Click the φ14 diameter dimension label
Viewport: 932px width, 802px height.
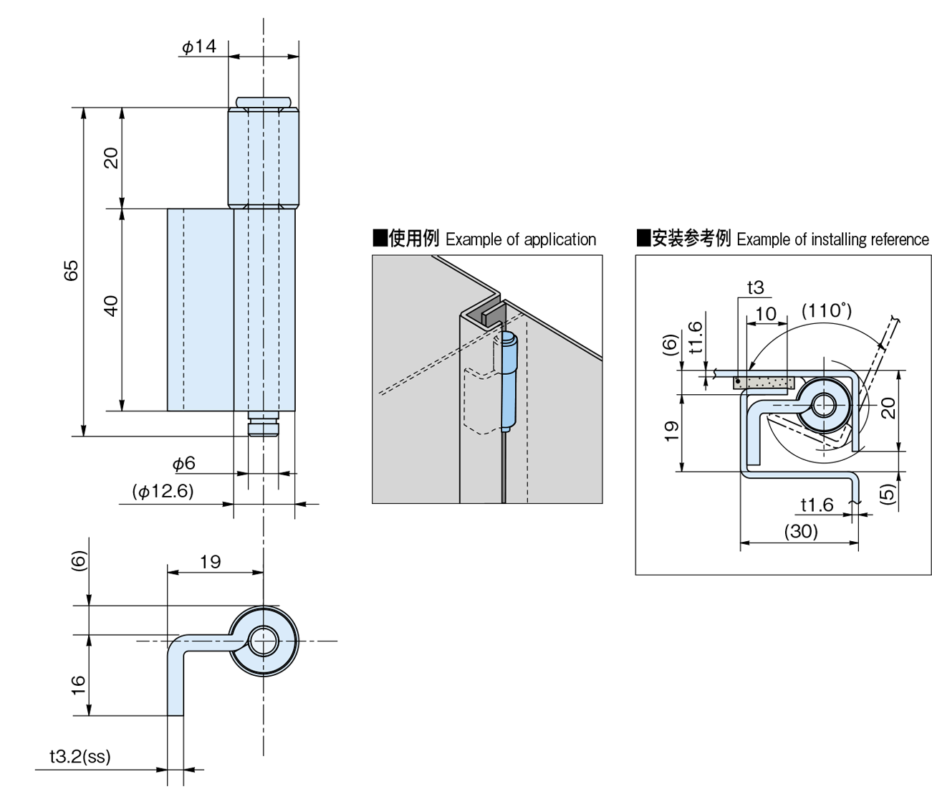198,47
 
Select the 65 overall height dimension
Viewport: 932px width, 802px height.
71,271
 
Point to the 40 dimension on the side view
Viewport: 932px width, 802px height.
110,307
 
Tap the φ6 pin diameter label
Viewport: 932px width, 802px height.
184,464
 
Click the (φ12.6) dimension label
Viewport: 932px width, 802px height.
163,492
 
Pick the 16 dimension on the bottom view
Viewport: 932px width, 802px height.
78,684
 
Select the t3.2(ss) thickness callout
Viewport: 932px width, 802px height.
80,757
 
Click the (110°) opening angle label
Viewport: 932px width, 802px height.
826,312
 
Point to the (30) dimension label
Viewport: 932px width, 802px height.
800,532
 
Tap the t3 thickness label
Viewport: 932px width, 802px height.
756,288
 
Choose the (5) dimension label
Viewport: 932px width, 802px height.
888,493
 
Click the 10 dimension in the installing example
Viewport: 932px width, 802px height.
765,314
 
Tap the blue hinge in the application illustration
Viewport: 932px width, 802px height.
509,380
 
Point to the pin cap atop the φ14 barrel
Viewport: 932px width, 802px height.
264,102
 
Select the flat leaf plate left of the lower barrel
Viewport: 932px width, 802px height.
201,310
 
